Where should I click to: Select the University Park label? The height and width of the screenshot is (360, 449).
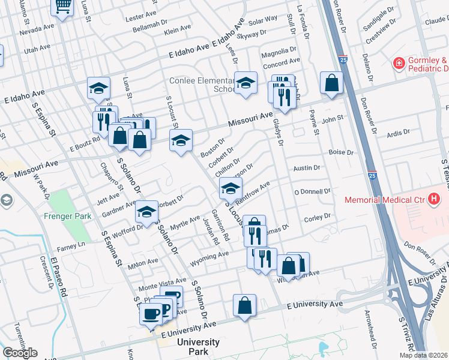(198, 346)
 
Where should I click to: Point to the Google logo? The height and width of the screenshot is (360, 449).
(20, 353)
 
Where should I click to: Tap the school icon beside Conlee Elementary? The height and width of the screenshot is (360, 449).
(246, 83)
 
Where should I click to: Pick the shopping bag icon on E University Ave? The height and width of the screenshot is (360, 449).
(244, 305)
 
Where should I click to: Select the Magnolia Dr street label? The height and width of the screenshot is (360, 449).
(280, 51)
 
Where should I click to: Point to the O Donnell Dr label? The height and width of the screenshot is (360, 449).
(312, 191)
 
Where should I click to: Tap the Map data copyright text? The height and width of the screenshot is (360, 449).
(423, 355)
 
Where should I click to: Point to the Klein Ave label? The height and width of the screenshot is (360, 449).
(178, 29)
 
